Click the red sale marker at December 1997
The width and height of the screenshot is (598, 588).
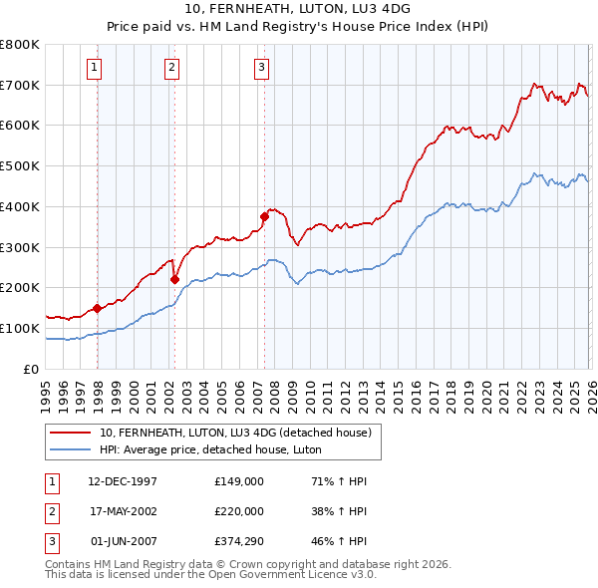[x=97, y=308]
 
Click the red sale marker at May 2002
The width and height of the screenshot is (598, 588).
[x=174, y=279]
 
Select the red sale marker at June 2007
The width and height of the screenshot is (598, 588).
[x=264, y=216]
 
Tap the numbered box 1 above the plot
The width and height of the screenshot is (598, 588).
[x=94, y=68]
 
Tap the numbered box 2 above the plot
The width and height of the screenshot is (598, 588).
[x=171, y=68]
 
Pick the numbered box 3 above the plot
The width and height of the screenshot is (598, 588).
[x=261, y=68]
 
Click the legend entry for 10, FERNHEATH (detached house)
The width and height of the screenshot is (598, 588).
[x=235, y=433]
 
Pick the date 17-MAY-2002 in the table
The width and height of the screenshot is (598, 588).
[x=123, y=511]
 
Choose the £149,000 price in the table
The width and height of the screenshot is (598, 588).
[x=239, y=481]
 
